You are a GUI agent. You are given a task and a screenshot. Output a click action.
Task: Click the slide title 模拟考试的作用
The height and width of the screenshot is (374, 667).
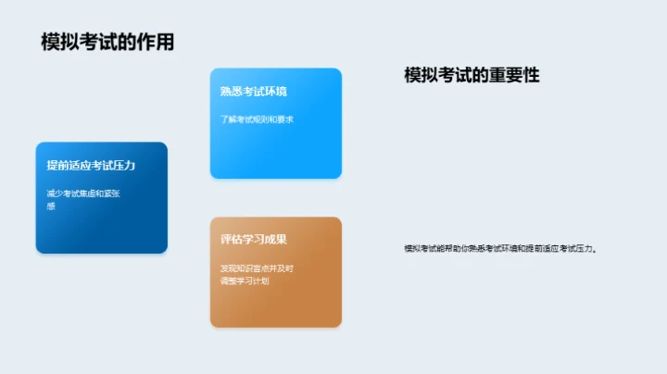point(107,42)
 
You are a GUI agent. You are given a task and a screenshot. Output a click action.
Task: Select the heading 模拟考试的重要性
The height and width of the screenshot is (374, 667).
point(472,75)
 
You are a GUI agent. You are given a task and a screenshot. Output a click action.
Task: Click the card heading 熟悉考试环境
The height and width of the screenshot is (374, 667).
point(253,92)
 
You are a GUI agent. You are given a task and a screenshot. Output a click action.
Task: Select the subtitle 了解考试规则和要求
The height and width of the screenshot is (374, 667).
point(257,119)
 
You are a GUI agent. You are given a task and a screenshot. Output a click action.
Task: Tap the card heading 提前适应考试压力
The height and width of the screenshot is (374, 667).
point(91,166)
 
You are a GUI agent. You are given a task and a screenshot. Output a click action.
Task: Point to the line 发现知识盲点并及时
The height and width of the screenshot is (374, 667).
point(257,268)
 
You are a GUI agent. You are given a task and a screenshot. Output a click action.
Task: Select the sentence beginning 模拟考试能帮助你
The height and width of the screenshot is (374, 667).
point(501,248)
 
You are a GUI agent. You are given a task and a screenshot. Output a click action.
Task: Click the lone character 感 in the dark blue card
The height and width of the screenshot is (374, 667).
point(51,206)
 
